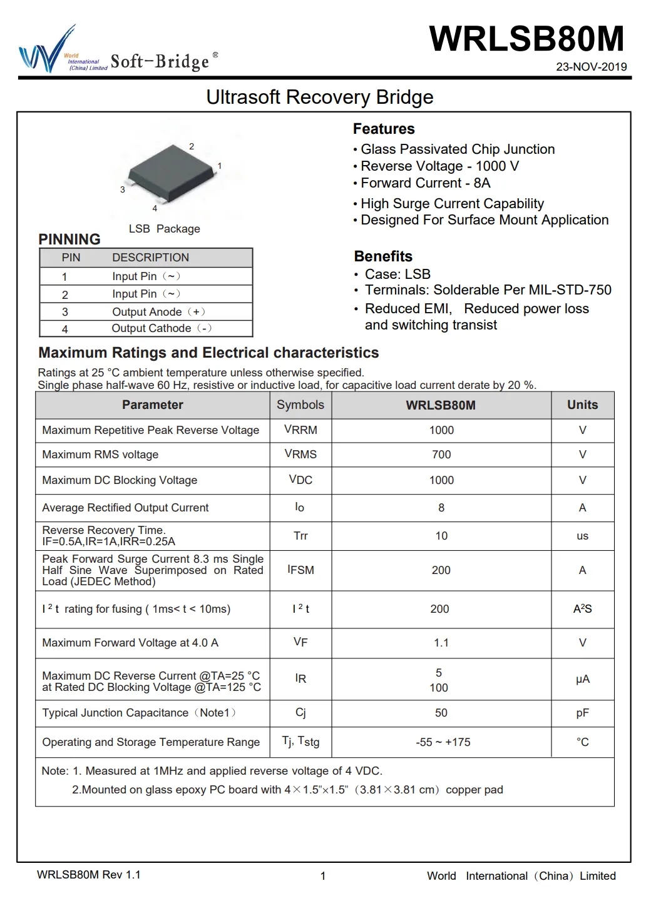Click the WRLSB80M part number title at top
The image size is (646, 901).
(x=526, y=39)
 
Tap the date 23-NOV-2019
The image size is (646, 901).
(x=591, y=67)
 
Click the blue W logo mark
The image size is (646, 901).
(x=41, y=53)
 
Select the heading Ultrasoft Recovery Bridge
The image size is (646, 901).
(x=319, y=98)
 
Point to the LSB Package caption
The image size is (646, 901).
(x=164, y=229)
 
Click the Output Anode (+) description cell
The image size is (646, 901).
(x=158, y=311)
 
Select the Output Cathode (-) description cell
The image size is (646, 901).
(x=161, y=328)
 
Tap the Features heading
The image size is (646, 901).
(x=384, y=129)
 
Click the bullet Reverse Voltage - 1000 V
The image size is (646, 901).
(x=439, y=166)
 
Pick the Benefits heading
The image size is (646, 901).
(x=383, y=256)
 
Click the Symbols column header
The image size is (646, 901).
(x=300, y=405)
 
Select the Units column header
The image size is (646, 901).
(x=582, y=405)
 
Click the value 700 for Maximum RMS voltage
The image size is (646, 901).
(x=441, y=455)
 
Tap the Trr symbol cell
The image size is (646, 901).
(x=300, y=536)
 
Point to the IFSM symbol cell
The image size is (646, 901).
(x=300, y=570)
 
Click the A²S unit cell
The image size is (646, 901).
(x=582, y=609)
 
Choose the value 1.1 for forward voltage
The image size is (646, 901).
(x=441, y=643)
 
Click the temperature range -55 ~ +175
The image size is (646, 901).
(x=443, y=742)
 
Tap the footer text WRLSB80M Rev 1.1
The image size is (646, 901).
(x=89, y=875)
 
